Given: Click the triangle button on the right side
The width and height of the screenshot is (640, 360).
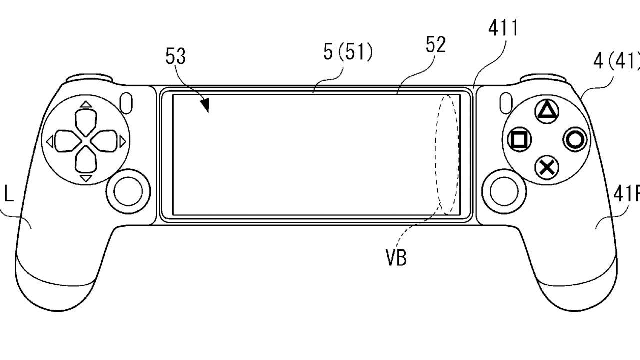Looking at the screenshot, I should pos(547,112).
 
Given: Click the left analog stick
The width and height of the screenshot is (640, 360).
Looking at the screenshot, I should pos(128,190).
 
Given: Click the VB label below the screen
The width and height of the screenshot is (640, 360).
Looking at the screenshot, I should pos(396,258).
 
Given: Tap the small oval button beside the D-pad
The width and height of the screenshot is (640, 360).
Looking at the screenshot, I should pos(127,102).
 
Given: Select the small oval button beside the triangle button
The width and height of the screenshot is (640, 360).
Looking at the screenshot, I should pos(505,102).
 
